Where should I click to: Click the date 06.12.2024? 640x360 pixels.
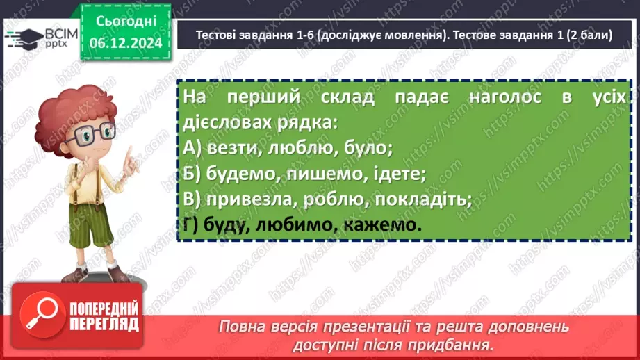click(x=126, y=43)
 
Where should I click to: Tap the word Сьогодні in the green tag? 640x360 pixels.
click(x=126, y=22)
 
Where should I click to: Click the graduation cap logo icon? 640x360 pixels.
click(x=24, y=39)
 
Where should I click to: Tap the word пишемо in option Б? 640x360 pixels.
click(x=324, y=174)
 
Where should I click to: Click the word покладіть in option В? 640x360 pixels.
click(x=423, y=199)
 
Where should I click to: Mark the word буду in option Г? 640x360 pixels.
click(x=227, y=225)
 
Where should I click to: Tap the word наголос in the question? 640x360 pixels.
click(x=505, y=97)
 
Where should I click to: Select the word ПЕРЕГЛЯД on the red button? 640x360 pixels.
click(x=104, y=325)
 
